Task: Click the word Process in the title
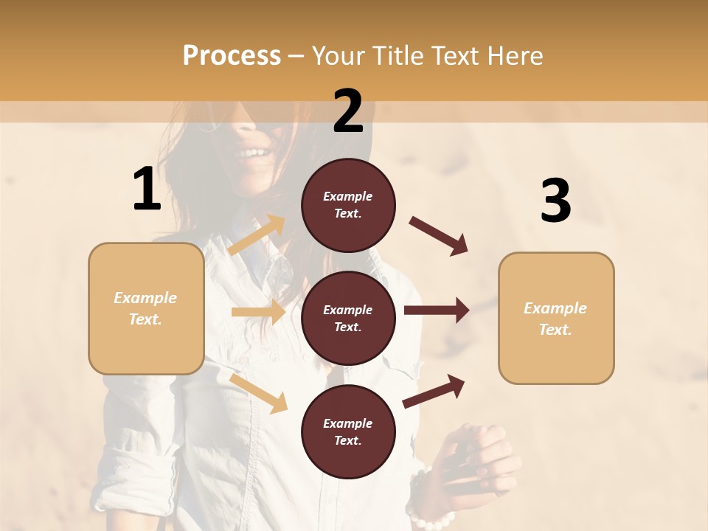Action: (x=232, y=56)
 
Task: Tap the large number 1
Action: (x=147, y=190)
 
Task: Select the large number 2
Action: (x=348, y=111)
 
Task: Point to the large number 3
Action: (x=555, y=201)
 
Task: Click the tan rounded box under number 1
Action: (x=146, y=308)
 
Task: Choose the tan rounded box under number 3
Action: (x=556, y=318)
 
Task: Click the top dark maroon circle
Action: (x=348, y=205)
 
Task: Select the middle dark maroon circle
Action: (x=348, y=318)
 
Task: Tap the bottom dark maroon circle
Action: (x=348, y=431)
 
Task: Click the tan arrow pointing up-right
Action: (x=257, y=235)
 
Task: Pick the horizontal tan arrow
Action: (x=258, y=312)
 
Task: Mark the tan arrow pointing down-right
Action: (x=258, y=393)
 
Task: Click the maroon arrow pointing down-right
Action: (x=438, y=235)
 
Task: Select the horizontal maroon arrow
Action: (x=437, y=310)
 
